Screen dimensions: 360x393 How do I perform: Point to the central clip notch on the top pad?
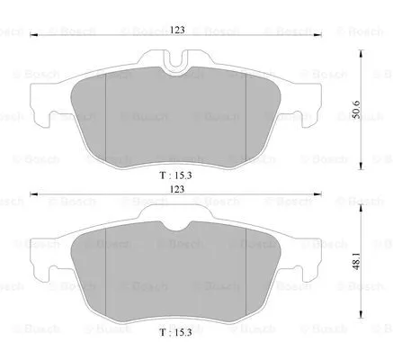(177, 59)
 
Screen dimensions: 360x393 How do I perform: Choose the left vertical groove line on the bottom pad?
(107, 279)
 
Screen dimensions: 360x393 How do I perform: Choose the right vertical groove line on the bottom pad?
(246, 279)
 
